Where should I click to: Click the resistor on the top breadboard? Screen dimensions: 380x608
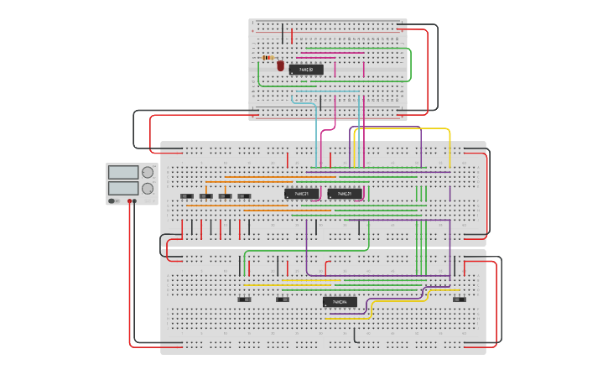click(269, 58)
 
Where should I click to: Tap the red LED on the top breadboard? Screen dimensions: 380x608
click(280, 65)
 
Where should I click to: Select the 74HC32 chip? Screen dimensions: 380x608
click(306, 70)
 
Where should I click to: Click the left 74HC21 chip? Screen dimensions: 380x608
click(301, 194)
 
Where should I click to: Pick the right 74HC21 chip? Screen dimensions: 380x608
click(345, 194)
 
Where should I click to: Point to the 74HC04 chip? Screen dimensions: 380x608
click(340, 302)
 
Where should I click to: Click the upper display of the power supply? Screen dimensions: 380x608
click(123, 172)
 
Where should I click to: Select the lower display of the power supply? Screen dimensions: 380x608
click(123, 189)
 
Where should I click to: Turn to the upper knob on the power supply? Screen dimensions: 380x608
click(148, 172)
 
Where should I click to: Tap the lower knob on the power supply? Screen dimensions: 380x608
click(148, 190)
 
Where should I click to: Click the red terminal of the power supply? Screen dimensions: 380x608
click(129, 201)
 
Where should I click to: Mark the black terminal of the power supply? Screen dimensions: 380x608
click(135, 201)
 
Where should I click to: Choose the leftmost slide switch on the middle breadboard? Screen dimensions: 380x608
click(186, 196)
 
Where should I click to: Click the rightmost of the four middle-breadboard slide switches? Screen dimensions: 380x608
click(244, 196)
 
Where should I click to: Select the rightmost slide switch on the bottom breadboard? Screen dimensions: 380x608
click(459, 298)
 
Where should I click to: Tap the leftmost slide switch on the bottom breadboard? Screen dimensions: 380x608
click(244, 298)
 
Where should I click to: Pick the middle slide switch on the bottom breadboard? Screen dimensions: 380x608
click(283, 298)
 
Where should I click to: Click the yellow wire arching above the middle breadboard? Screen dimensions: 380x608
click(403, 129)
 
